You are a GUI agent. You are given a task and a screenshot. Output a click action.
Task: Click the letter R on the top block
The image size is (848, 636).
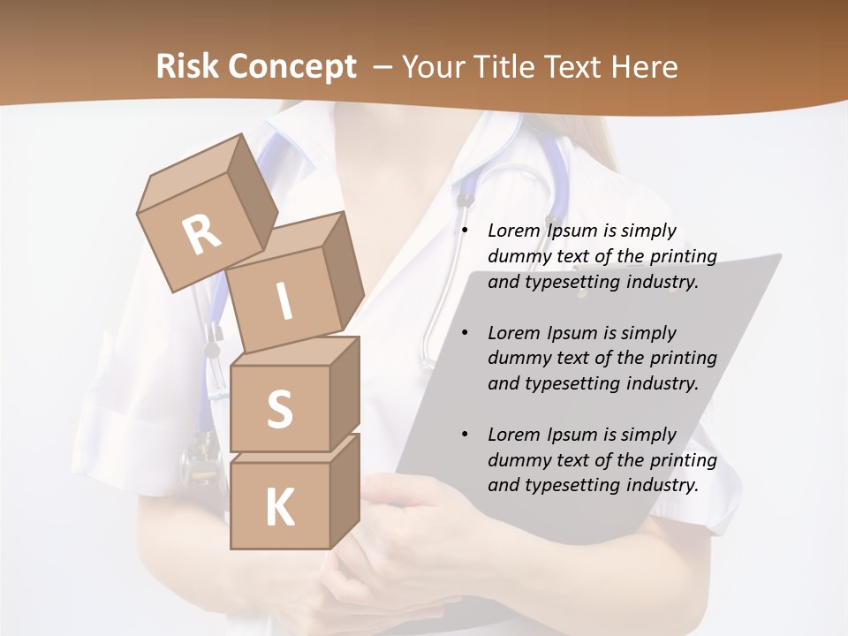coord(201,235)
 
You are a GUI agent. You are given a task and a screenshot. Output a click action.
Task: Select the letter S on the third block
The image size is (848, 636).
coord(279,409)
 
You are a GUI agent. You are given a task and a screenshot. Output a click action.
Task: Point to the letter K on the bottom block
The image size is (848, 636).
coord(279,508)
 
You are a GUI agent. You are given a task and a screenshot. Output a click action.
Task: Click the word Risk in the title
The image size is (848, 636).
coord(187,66)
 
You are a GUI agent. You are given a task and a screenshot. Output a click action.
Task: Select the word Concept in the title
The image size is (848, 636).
coord(292,66)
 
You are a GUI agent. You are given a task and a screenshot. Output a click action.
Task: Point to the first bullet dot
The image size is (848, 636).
coord(466,231)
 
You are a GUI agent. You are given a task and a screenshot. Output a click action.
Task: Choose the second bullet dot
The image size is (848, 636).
coord(466,333)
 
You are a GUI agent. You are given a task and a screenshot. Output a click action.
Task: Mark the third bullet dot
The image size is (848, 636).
coord(466,435)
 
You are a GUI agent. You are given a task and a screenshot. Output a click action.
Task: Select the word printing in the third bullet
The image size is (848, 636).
coord(683,459)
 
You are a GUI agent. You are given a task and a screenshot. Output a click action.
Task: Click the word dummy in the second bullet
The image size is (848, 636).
coord(519,358)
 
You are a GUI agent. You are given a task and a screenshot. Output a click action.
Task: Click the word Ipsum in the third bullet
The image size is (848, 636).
coord(573,435)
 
